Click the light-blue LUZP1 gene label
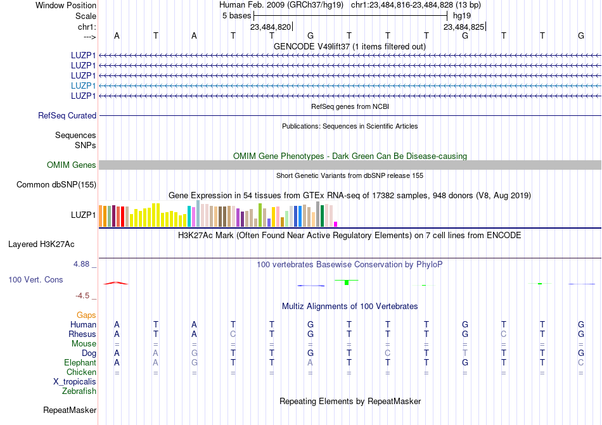tap(83, 86)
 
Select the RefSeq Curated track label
tap(67, 115)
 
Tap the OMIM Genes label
tap(72, 165)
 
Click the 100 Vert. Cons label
tap(35, 279)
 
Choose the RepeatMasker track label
tap(70, 410)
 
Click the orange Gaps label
tap(86, 315)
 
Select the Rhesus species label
tap(82, 334)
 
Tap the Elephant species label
tap(80, 362)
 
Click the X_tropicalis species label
tap(75, 381)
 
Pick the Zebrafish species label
tap(79, 391)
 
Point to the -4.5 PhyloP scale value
tap(83, 295)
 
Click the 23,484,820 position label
tap(271, 27)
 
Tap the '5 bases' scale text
tap(236, 15)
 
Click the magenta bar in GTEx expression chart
tap(336, 224)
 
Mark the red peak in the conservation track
tap(116, 282)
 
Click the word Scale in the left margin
tap(86, 16)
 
